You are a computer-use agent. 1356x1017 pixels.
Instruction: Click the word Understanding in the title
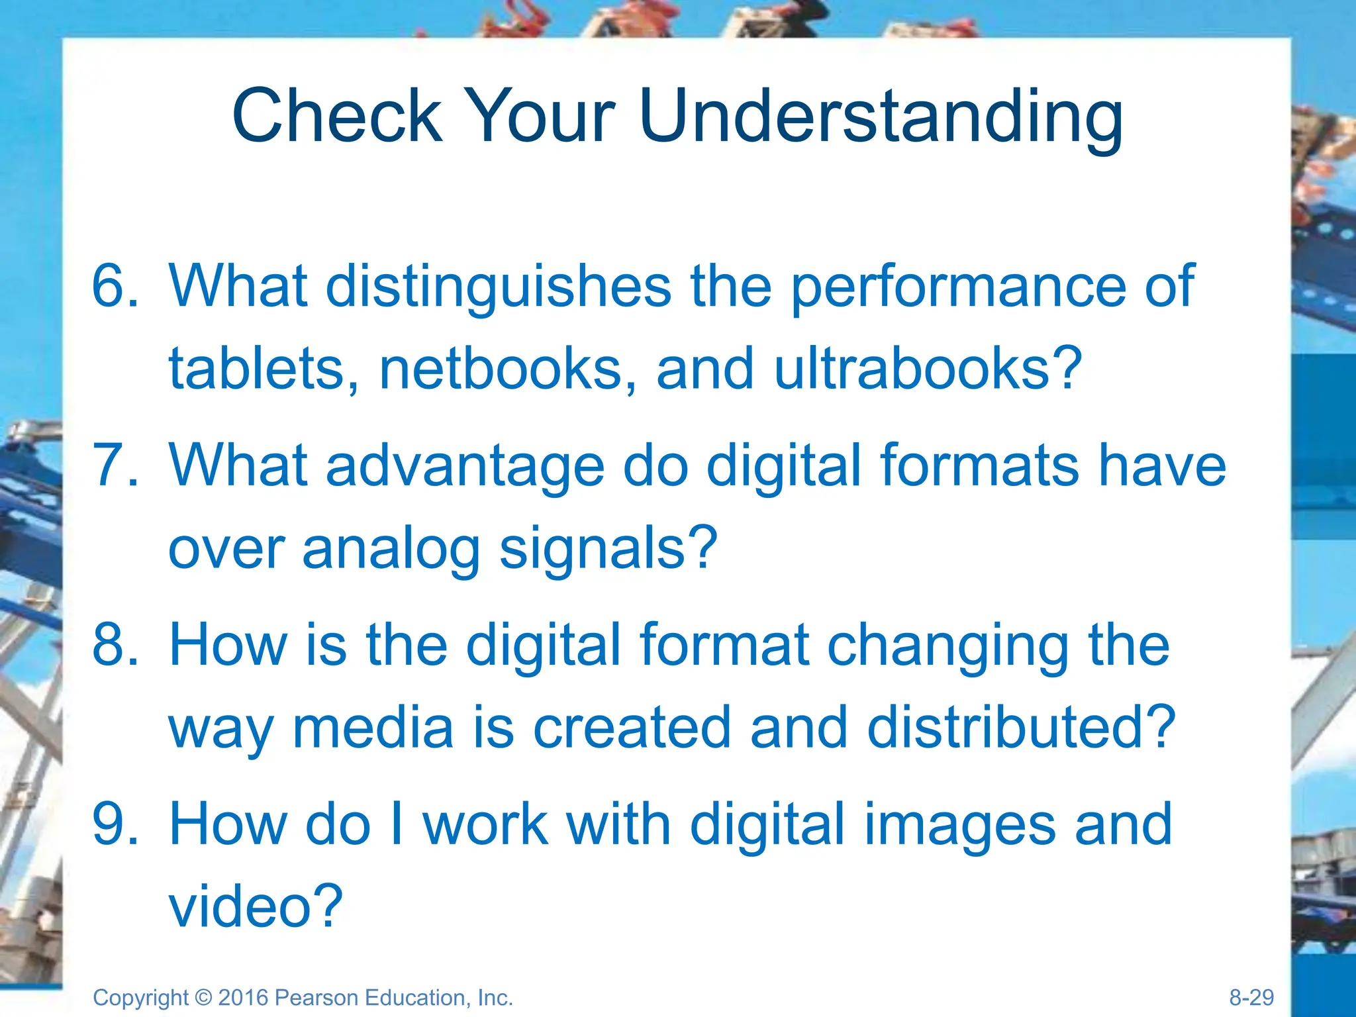(x=881, y=117)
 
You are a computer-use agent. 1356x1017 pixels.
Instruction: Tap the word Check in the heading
(x=337, y=116)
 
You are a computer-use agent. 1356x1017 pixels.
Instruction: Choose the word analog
(x=391, y=550)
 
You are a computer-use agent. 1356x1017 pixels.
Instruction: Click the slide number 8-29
(x=1251, y=997)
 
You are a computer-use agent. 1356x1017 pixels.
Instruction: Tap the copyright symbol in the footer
(x=203, y=997)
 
